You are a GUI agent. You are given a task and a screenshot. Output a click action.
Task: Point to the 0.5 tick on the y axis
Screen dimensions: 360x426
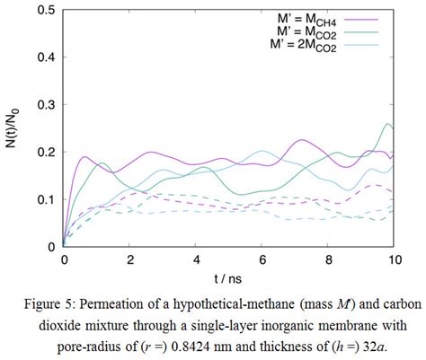tap(45, 10)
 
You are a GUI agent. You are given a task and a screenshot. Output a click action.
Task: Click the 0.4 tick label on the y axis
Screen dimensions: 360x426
tap(45, 57)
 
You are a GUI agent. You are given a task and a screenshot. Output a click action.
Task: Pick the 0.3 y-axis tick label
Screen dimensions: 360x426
tap(45, 104)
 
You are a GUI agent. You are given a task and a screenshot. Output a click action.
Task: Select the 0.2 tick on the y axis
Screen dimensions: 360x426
tap(45, 152)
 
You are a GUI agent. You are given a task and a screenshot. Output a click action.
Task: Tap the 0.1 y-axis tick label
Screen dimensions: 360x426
tap(45, 199)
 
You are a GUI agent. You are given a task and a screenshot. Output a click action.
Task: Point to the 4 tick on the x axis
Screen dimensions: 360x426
tap(196, 259)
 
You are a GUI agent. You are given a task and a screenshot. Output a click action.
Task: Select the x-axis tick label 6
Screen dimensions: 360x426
tap(262, 259)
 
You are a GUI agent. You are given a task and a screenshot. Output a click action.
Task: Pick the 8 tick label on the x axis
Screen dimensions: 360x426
tap(328, 259)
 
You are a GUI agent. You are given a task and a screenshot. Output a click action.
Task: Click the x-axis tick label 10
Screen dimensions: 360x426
tap(394, 259)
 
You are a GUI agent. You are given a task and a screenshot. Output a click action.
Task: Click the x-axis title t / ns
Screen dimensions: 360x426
tap(228, 277)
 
